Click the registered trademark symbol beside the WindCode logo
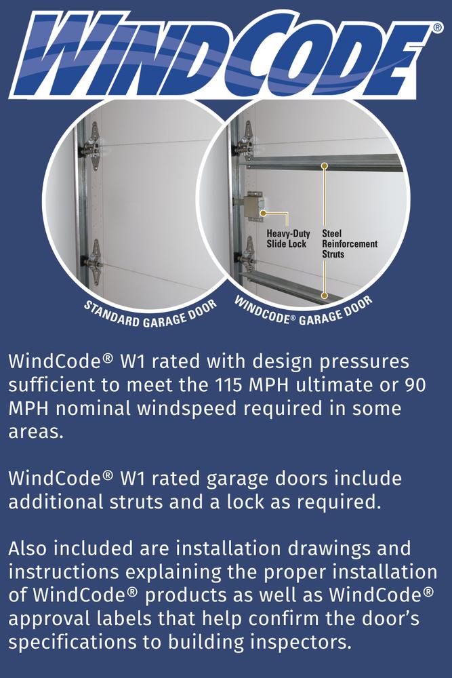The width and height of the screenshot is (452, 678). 437,28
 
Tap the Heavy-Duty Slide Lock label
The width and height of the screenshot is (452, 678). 288,239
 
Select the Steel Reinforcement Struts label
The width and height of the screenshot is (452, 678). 350,244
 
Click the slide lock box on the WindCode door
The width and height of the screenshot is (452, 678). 250,207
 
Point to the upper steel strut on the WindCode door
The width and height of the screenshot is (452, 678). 324,163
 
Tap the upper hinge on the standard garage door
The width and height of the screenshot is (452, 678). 91,146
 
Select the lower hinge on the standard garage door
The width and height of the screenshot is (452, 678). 93,262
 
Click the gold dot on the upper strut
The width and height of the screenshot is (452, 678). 325,165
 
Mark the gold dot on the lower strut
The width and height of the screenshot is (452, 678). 325,296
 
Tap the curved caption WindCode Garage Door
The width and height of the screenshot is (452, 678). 302,312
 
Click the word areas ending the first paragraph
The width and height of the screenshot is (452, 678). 36,431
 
